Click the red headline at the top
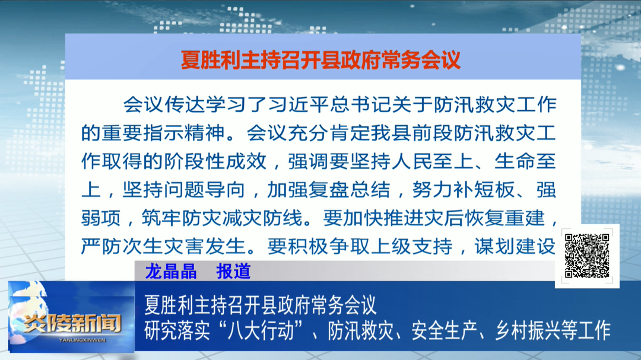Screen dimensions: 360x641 click(320, 60)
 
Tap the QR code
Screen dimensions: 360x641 click(586, 256)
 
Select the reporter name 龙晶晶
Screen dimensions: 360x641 click(170, 271)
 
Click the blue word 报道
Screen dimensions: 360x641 click(233, 271)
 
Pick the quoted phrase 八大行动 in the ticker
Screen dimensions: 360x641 click(266, 329)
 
